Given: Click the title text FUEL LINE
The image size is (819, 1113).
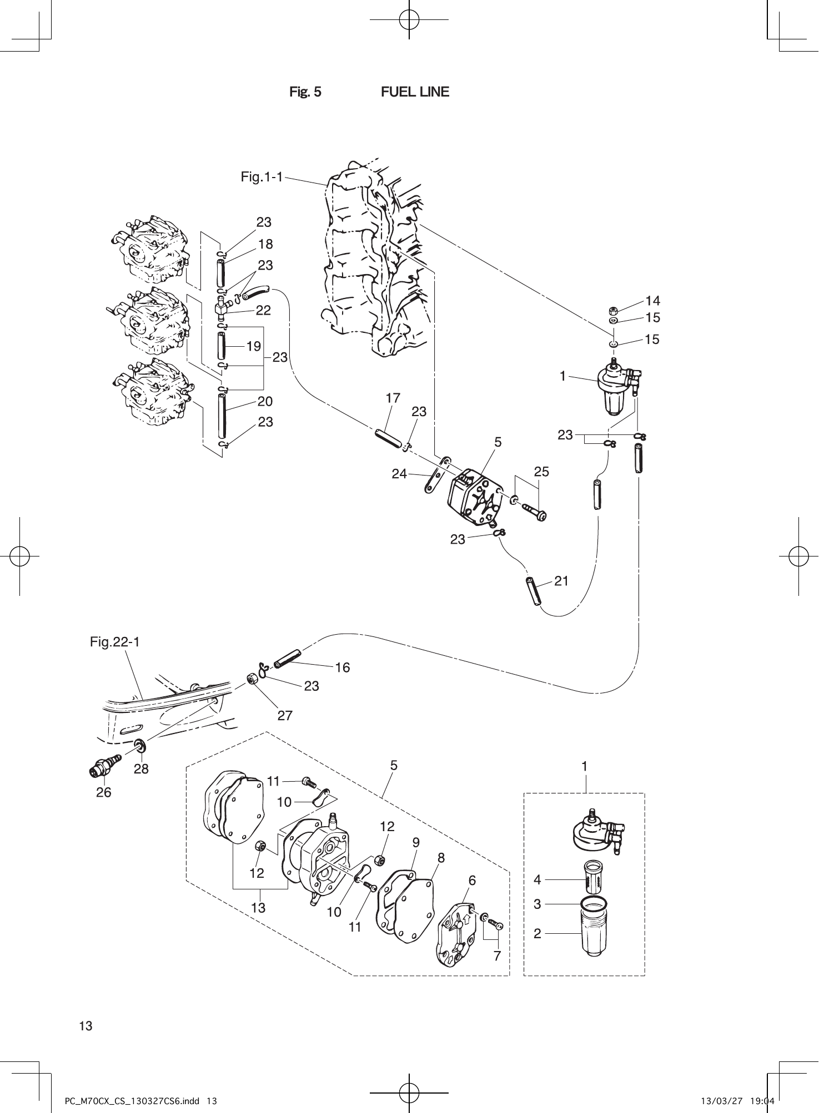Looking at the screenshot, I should click(415, 92).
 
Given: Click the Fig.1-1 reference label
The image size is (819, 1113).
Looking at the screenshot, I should click(262, 177).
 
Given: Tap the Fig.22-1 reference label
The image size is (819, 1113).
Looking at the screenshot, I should click(115, 642).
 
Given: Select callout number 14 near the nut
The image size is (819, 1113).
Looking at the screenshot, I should click(652, 301).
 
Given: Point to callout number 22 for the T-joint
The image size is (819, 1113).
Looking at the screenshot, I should click(263, 310).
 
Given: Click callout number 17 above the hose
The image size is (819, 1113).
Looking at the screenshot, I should click(393, 398).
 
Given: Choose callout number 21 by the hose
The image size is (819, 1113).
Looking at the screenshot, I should click(561, 581).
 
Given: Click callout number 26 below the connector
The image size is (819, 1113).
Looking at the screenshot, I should click(103, 792).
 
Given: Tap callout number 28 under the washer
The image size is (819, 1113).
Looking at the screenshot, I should click(141, 768).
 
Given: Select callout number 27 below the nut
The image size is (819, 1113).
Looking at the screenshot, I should click(285, 716).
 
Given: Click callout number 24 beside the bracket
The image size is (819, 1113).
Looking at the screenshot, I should click(399, 474).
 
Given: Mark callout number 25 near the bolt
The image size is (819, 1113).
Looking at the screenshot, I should click(541, 472).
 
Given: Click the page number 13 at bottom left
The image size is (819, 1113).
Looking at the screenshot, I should click(86, 1026).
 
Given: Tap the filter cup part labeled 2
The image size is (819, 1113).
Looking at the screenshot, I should click(594, 933).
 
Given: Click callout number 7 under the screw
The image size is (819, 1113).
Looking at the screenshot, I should click(497, 955).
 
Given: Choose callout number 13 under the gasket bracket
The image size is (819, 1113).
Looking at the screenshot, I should click(258, 908).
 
